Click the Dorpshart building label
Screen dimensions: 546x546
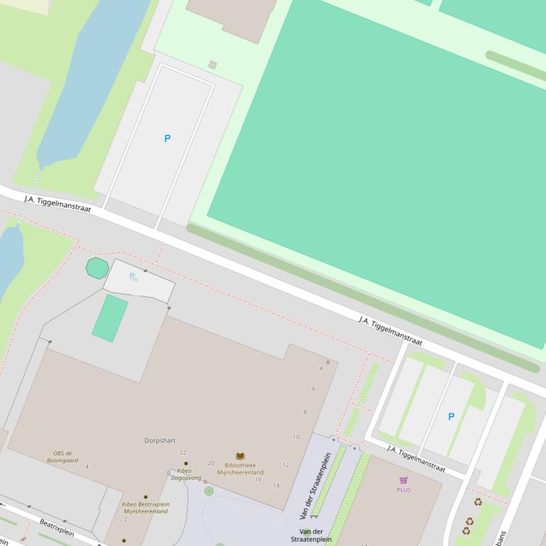click(160, 440)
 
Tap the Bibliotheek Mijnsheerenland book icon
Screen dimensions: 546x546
click(240, 457)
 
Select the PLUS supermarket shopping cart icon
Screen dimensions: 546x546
click(403, 481)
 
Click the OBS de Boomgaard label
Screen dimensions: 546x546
click(62, 457)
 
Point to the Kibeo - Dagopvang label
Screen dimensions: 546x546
click(185, 474)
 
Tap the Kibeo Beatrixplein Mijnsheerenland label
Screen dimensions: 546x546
click(146, 508)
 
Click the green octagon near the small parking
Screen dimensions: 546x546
click(97, 268)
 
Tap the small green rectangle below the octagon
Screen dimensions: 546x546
click(110, 318)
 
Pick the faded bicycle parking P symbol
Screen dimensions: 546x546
click(133, 277)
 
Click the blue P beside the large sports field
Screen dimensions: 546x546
click(168, 139)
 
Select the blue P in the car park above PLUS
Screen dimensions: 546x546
click(451, 417)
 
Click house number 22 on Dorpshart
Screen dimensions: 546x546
click(182, 452)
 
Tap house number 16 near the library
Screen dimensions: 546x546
click(258, 480)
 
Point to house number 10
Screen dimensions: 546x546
click(296, 437)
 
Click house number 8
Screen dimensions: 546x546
click(305, 412)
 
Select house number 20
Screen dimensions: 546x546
click(211, 463)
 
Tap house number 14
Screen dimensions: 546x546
click(276, 486)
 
